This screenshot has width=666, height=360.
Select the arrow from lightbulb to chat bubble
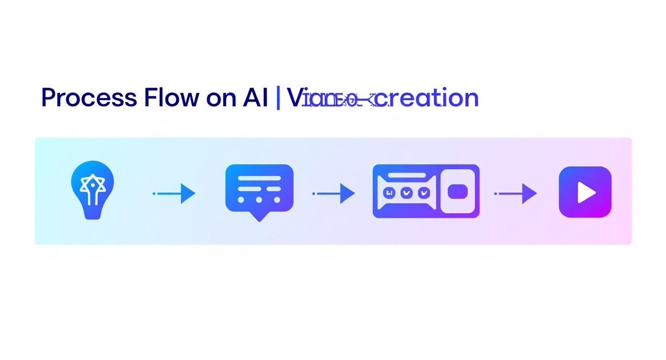coord(174,193)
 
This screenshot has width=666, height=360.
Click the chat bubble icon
coord(259,190)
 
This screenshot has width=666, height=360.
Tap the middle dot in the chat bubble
coord(259,200)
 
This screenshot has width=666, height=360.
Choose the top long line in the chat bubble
coord(259,178)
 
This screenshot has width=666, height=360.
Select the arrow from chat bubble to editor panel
coord(333,193)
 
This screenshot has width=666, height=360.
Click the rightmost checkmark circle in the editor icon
coord(424,192)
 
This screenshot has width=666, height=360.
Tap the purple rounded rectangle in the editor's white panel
coord(457,192)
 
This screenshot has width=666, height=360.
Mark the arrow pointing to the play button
coord(516,193)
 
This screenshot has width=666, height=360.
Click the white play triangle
coord(586,192)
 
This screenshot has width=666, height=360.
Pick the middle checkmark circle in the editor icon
coord(407,192)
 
